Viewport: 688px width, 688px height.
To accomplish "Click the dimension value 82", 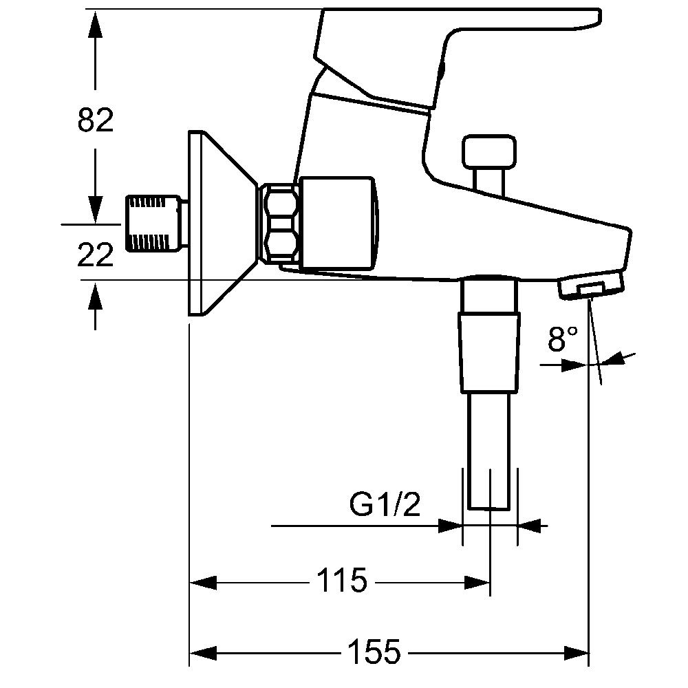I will pyautogui.click(x=95, y=120).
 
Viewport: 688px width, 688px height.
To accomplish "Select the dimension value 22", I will pyautogui.click(x=95, y=255).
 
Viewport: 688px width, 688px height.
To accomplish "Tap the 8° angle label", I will pyautogui.click(x=562, y=339).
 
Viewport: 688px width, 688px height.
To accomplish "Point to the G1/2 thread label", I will pyautogui.click(x=385, y=506).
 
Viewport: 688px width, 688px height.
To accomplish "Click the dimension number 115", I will pyautogui.click(x=342, y=582).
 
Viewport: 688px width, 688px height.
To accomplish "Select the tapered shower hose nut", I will pyautogui.click(x=488, y=351).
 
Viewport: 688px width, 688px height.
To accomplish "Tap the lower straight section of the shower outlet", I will pyautogui.click(x=489, y=451).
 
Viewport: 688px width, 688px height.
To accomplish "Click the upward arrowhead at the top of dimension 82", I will pyautogui.click(x=95, y=24).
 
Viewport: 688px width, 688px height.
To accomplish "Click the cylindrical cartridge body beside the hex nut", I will pyautogui.click(x=337, y=224).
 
